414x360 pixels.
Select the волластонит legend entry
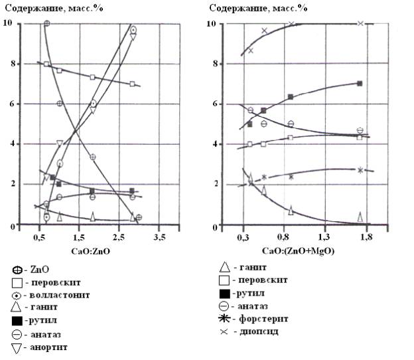click(x=52, y=294)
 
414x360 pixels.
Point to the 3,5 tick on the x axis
click(x=159, y=237)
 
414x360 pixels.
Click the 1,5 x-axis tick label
click(x=78, y=237)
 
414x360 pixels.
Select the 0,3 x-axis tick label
click(x=243, y=237)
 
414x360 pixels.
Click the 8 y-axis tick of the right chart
click(x=214, y=65)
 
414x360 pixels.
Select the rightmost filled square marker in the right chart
click(x=360, y=84)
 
